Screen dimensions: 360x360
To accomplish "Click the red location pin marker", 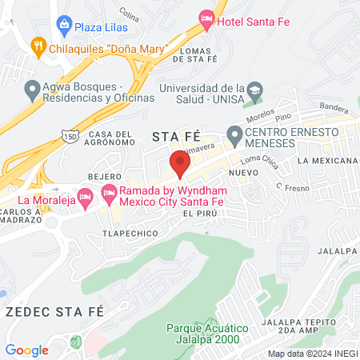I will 179,162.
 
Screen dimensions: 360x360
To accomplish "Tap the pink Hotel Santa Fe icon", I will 206,18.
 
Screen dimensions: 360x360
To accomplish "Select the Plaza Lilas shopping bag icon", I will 63,26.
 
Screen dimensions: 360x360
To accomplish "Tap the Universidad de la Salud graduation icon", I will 254,89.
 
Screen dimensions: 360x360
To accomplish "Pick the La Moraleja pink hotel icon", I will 83,200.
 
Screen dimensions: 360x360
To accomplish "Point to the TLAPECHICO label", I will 126,234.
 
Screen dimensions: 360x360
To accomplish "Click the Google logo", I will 26,350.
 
